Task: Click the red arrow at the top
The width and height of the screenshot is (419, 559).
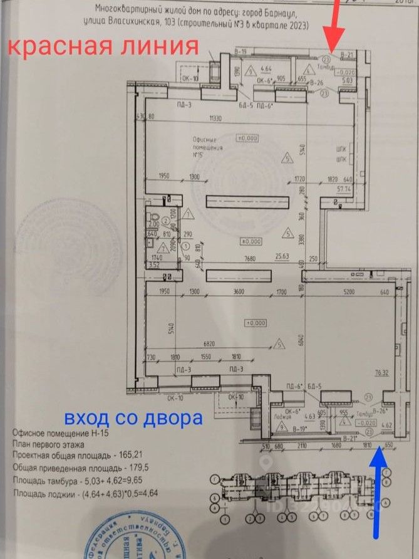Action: click(333, 29)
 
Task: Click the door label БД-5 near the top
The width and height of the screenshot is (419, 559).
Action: click(247, 105)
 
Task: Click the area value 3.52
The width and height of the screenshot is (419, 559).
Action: click(153, 266)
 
